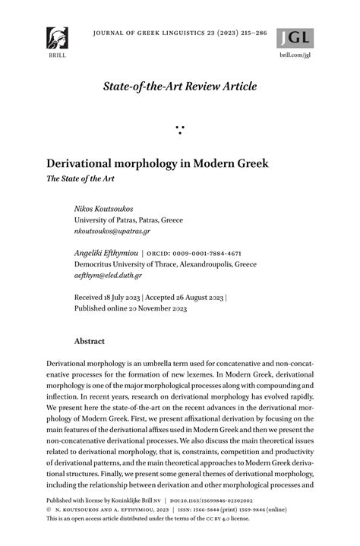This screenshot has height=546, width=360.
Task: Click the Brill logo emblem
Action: point(57,38)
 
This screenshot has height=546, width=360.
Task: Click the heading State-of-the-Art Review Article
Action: point(180,86)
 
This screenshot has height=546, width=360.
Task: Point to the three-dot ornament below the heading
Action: point(180,129)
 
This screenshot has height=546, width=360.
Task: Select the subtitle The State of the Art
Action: point(78,180)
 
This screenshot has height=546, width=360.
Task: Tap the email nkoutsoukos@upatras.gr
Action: point(112,231)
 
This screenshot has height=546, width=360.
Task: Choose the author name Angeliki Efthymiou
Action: point(106,253)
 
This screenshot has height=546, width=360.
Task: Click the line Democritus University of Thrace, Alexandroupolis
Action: point(165,264)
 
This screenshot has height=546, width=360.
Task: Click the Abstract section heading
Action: point(89,342)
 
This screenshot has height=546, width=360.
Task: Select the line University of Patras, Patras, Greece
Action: point(128,219)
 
